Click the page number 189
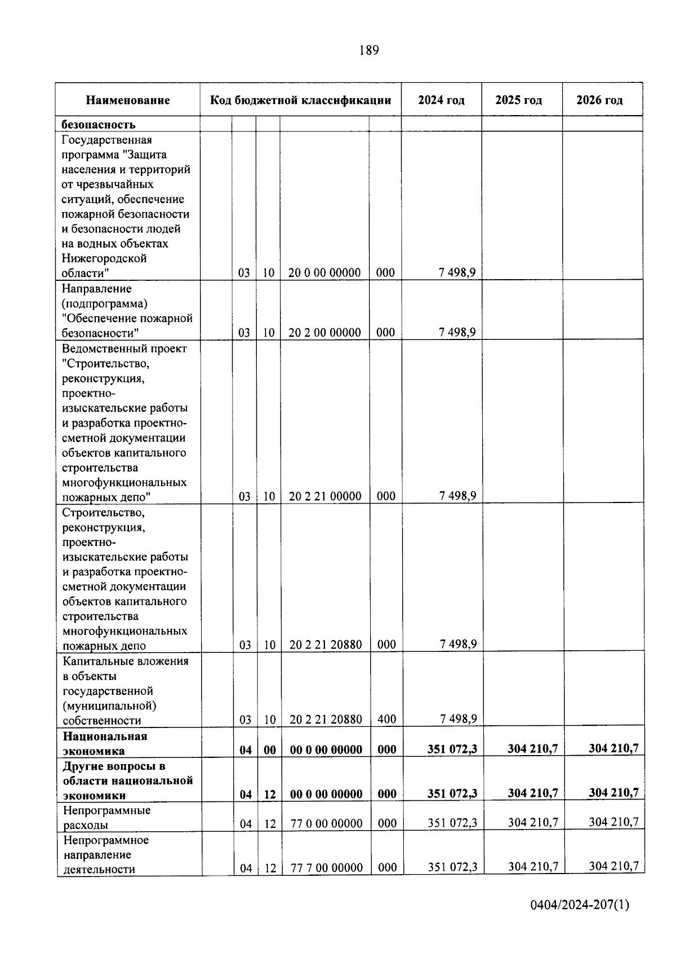(x=369, y=51)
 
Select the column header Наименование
(x=128, y=100)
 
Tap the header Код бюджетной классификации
(x=300, y=100)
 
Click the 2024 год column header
(x=441, y=100)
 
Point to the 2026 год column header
(x=599, y=100)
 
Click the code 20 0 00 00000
(x=324, y=273)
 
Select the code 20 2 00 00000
(x=324, y=333)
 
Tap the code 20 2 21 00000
(x=325, y=496)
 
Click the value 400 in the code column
(x=386, y=720)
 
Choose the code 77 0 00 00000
(x=326, y=824)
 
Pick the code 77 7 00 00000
(x=326, y=868)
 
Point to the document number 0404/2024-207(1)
(x=579, y=905)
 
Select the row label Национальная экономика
(x=105, y=743)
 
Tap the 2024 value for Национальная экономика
(x=452, y=749)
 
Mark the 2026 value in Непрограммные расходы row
(x=613, y=822)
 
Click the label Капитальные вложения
(x=125, y=661)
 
